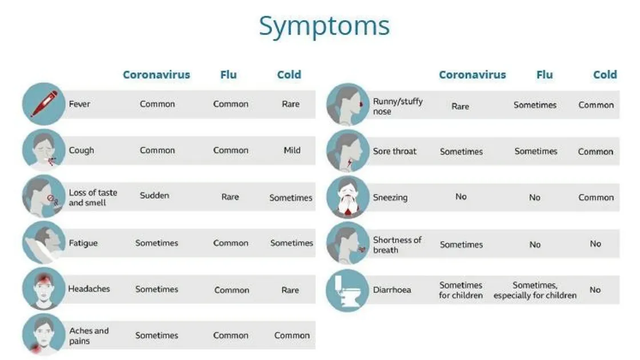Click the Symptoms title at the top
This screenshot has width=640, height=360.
tap(324, 26)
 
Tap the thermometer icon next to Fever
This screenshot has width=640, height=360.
tap(43, 104)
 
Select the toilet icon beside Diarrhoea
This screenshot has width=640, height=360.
tap(347, 290)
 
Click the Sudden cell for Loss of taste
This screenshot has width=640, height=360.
tap(154, 195)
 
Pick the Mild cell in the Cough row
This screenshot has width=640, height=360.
tap(291, 151)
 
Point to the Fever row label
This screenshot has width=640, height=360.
tap(79, 105)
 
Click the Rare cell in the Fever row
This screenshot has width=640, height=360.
tap(290, 105)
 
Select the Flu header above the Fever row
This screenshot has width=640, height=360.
tap(228, 75)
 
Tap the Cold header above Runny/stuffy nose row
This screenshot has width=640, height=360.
tap(605, 75)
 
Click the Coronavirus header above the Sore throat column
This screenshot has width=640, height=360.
tap(472, 75)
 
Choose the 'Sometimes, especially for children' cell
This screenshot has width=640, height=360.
tap(535, 290)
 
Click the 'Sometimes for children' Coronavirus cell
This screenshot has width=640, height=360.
tap(461, 290)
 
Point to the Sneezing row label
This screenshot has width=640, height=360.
tap(390, 198)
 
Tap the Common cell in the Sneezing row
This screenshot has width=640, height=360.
tap(595, 198)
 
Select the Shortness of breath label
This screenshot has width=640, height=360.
tap(397, 245)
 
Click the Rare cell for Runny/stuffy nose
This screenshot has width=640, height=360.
tap(460, 106)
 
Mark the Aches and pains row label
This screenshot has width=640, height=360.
tap(89, 336)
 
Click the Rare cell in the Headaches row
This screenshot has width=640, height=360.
tap(290, 290)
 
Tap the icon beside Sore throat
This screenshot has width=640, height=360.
tap(347, 151)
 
